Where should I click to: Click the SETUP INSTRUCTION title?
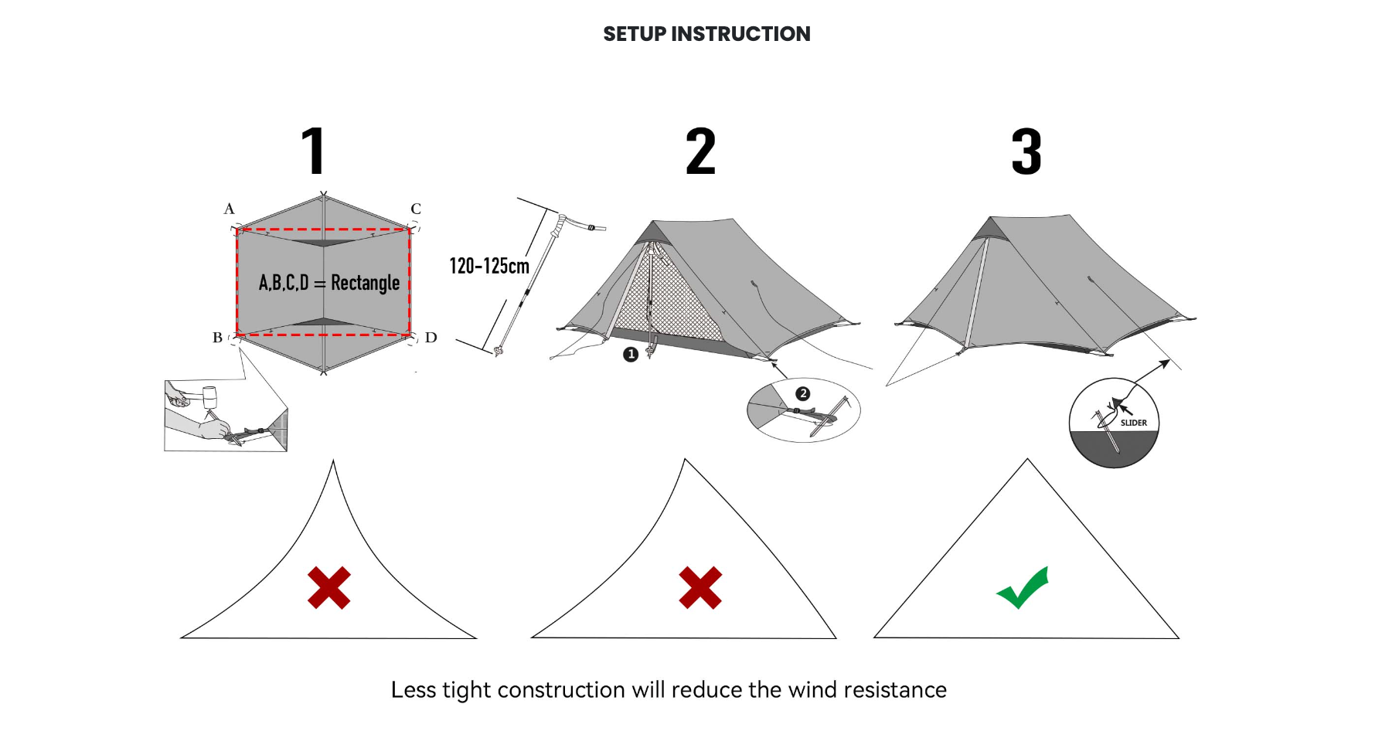(706, 34)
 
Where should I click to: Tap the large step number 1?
(314, 151)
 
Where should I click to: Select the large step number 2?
(700, 151)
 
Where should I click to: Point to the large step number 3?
(1026, 151)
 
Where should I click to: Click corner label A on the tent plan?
(229, 209)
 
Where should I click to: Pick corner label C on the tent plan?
(416, 209)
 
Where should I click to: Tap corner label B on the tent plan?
(217, 338)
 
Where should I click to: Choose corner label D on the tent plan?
(431, 338)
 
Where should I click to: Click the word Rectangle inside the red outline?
(365, 283)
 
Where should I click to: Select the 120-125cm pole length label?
(489, 267)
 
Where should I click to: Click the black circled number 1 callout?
(631, 355)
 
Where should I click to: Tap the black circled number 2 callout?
(803, 394)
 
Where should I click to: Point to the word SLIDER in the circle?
(1134, 423)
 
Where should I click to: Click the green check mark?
(1023, 588)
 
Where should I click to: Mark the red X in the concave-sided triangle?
(329, 588)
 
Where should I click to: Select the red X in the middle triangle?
(700, 588)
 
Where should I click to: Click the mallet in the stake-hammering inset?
(207, 397)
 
